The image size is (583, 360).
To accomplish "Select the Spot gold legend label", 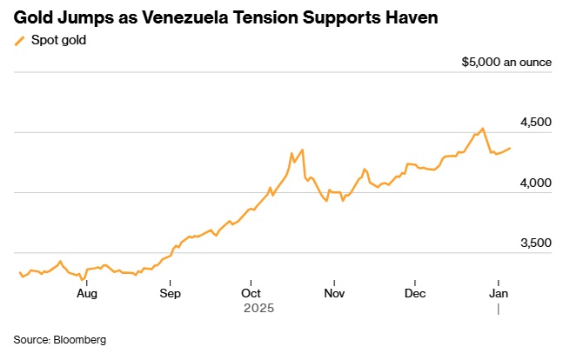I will pyautogui.click(x=58, y=40).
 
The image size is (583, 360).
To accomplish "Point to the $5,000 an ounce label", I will pyautogui.click(x=507, y=63).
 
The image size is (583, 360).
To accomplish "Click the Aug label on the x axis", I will pyautogui.click(x=86, y=294).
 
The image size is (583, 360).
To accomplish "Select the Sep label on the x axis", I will pyautogui.click(x=170, y=294).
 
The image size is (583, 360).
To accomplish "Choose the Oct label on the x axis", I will pyautogui.click(x=251, y=294).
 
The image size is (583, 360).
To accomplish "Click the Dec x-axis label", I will pyautogui.click(x=415, y=294).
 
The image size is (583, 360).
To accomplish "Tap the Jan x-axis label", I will pyautogui.click(x=498, y=294).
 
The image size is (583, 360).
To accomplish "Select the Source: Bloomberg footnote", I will pyautogui.click(x=59, y=339).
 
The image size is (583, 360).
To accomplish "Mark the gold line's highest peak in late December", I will pyautogui.click(x=483, y=129).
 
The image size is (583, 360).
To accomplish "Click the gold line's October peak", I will pyautogui.click(x=302, y=150).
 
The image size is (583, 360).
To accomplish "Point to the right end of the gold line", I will pyautogui.click(x=511, y=148).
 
